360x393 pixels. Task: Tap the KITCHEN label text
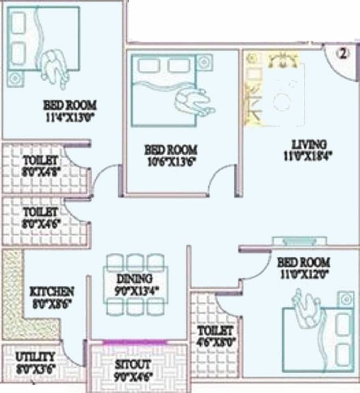(x=52, y=291)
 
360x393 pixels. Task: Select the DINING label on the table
(x=137, y=279)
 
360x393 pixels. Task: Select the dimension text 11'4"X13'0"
(x=70, y=116)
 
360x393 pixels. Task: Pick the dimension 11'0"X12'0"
(x=304, y=273)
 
